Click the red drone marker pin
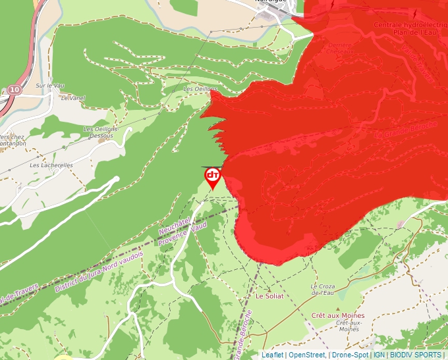(x=213, y=177)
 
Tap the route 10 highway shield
(x=15, y=89)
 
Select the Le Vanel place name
(x=73, y=97)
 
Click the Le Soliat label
(x=269, y=297)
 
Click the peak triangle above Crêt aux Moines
(x=338, y=307)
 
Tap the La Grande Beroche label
(x=406, y=130)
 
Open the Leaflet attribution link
(x=272, y=355)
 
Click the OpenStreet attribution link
(x=306, y=355)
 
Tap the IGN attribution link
(x=379, y=355)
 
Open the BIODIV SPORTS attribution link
(x=416, y=355)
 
